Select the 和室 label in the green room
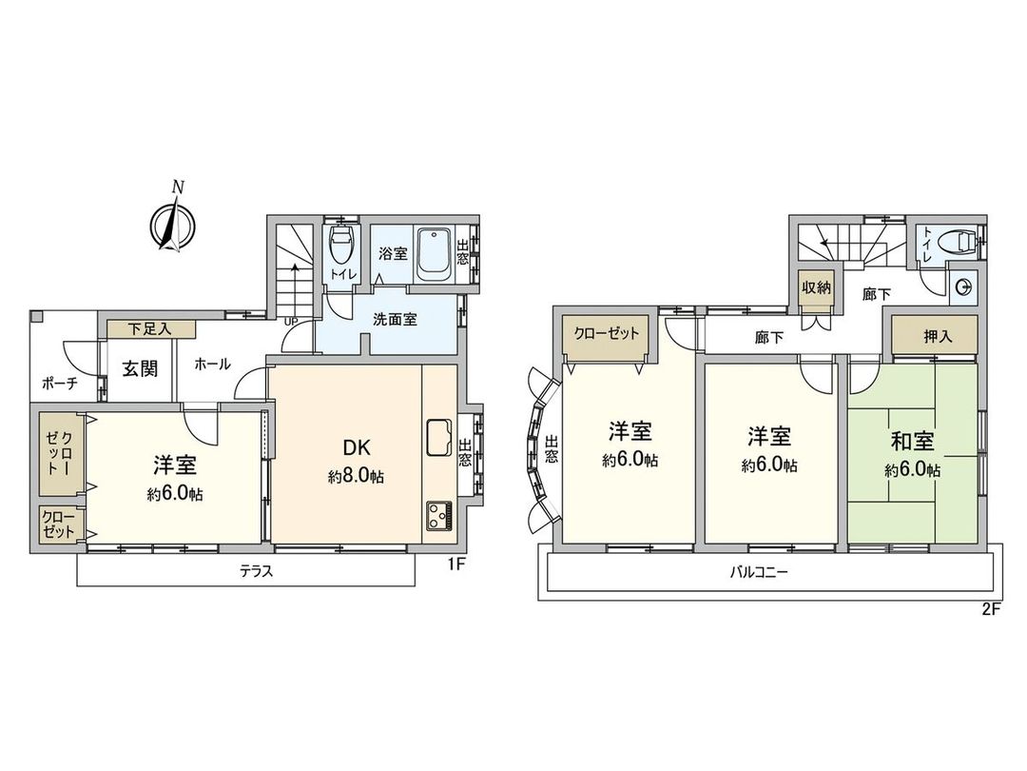click(912, 442)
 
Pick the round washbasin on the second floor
click(963, 284)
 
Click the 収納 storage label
click(814, 287)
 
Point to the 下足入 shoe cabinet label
click(149, 329)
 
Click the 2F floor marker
click(991, 610)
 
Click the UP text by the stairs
click(294, 321)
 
